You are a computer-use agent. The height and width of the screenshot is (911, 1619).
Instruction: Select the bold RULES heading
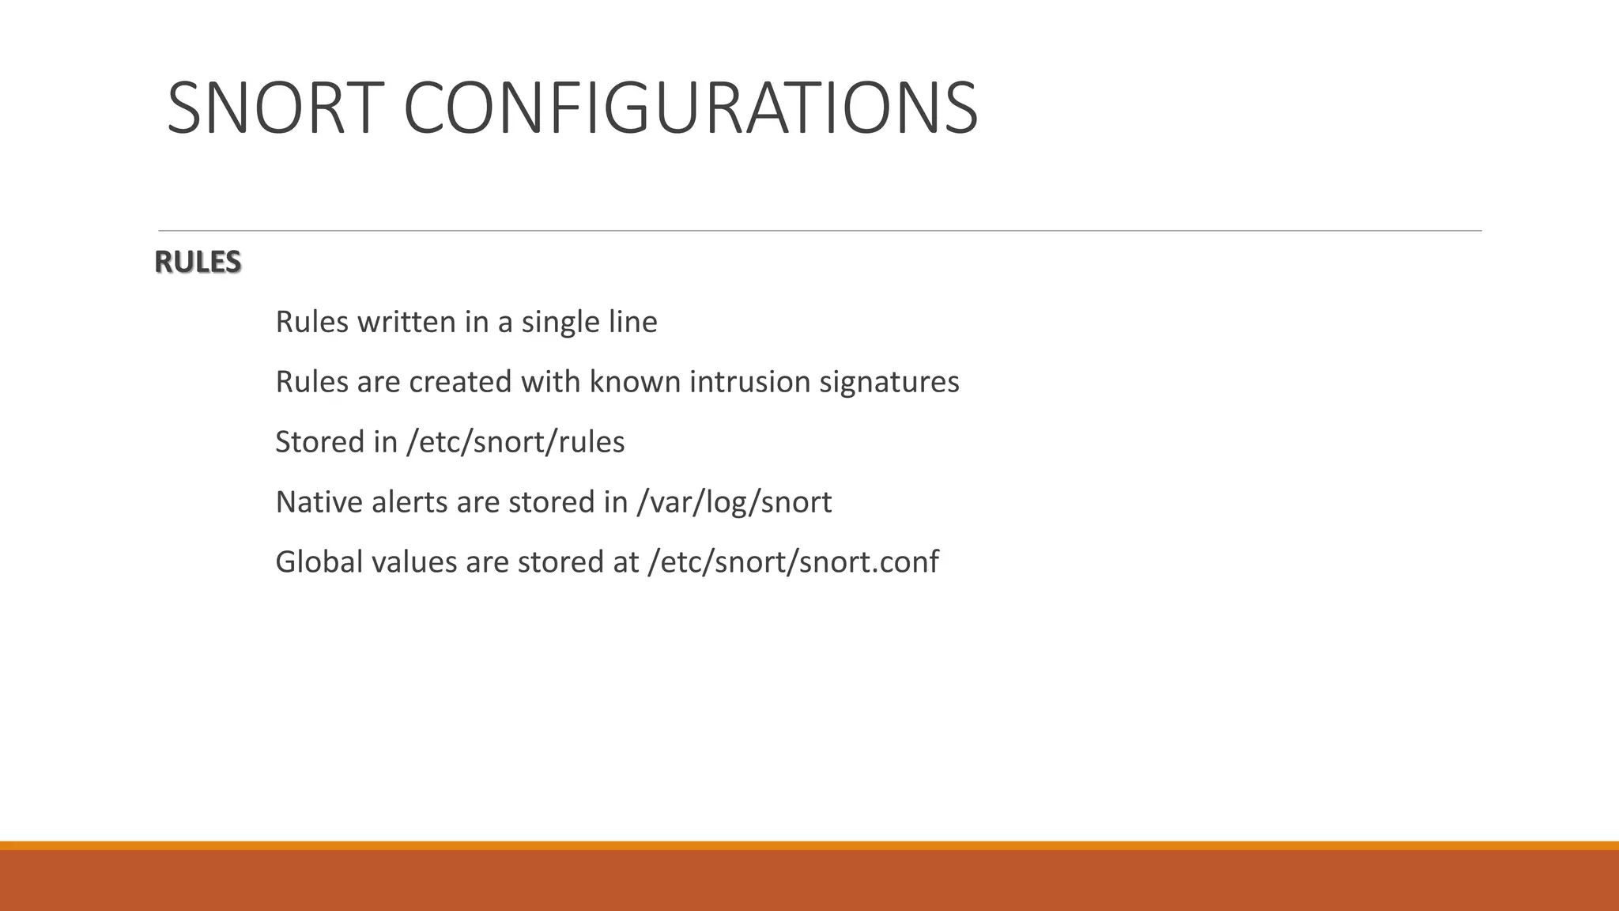pos(198,262)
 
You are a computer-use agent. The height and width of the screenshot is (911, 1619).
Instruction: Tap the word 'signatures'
pos(889,383)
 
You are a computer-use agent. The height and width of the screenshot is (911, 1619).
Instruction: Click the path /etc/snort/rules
pos(515,442)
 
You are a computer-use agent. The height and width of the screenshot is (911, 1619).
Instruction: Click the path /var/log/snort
pos(734,502)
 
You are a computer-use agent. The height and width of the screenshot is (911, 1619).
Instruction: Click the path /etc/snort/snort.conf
pos(793,562)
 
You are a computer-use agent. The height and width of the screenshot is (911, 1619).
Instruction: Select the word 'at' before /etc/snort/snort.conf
pos(625,562)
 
